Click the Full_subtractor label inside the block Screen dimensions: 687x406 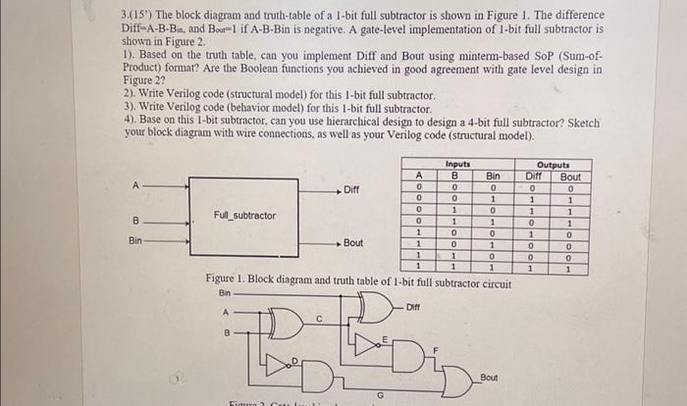click(x=244, y=215)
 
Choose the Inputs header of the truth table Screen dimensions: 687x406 click(x=457, y=165)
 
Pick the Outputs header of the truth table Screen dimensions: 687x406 click(x=554, y=165)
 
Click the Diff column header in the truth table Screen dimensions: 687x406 click(x=534, y=177)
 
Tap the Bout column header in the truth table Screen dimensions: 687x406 click(x=569, y=177)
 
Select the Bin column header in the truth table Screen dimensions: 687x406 click(x=493, y=177)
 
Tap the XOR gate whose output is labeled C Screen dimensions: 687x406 click(x=289, y=322)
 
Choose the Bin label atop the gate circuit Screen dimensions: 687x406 click(x=225, y=292)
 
